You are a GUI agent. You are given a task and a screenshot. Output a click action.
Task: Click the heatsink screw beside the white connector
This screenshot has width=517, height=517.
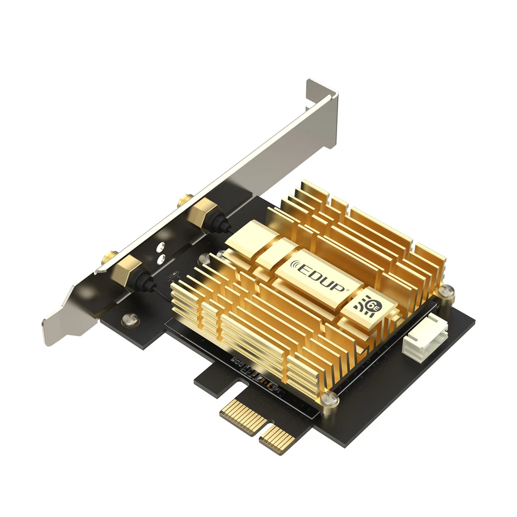[x=445, y=294]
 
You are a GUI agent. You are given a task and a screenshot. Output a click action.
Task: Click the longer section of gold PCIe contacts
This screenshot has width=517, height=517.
[x=243, y=415]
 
